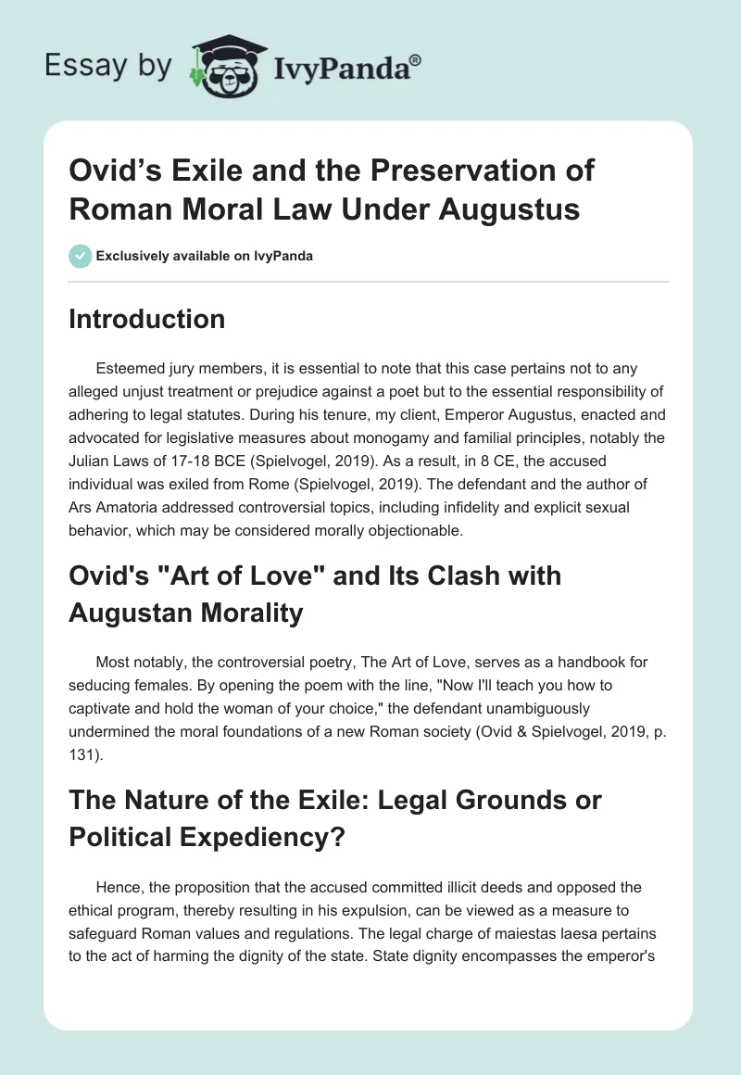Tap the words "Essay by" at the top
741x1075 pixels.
(109, 66)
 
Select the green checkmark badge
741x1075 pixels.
(80, 256)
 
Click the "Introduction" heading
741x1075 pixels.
(147, 319)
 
